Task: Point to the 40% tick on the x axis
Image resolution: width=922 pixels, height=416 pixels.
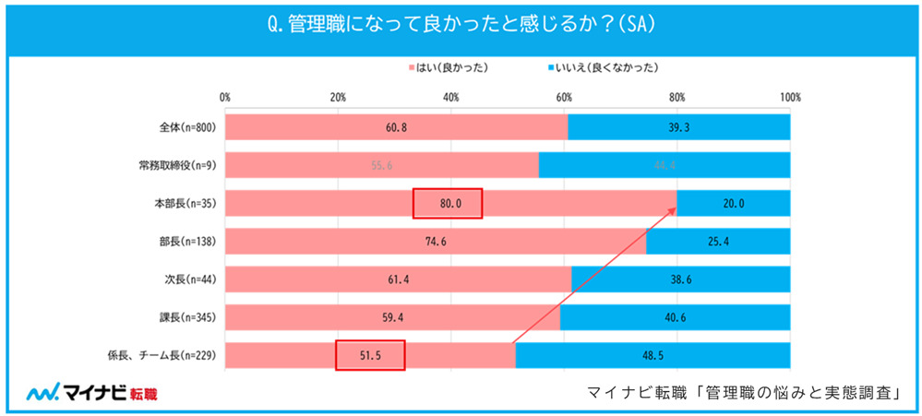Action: pyautogui.click(x=451, y=97)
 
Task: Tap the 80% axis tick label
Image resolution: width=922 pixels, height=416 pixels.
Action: pyautogui.click(x=677, y=97)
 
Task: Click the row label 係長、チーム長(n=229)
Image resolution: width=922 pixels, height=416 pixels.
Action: pyautogui.click(x=162, y=355)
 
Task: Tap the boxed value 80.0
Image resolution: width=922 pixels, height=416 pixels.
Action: pyautogui.click(x=447, y=204)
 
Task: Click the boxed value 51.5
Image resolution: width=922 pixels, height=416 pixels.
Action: pyautogui.click(x=370, y=355)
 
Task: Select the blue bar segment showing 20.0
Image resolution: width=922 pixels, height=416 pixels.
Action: pyautogui.click(x=734, y=204)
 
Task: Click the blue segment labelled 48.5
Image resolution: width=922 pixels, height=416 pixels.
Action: pyautogui.click(x=653, y=355)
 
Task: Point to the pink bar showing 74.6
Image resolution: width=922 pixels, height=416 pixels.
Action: pyautogui.click(x=436, y=242)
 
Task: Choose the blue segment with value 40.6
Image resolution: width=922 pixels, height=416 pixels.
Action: pyautogui.click(x=675, y=317)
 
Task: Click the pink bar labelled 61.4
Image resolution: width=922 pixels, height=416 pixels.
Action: pyautogui.click(x=398, y=279)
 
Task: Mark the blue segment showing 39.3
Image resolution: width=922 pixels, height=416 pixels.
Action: pyautogui.click(x=678, y=127)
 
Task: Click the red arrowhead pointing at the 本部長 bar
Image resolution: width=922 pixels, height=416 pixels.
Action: pyautogui.click(x=672, y=212)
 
